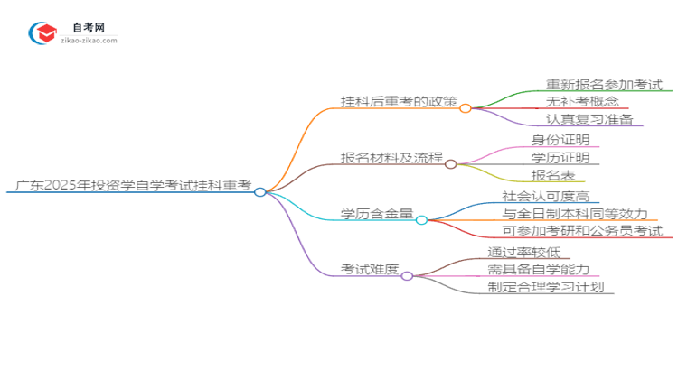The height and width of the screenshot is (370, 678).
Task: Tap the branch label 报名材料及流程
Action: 391,158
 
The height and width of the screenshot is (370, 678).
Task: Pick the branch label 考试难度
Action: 369,270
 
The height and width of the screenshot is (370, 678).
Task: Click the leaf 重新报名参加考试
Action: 604,85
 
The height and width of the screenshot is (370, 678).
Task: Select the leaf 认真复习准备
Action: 589,119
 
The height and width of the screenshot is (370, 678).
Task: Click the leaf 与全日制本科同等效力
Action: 575,214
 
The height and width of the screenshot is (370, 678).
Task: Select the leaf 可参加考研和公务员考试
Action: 582,231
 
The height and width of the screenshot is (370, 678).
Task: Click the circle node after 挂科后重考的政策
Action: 466,108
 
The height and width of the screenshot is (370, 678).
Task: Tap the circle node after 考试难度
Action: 407,276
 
